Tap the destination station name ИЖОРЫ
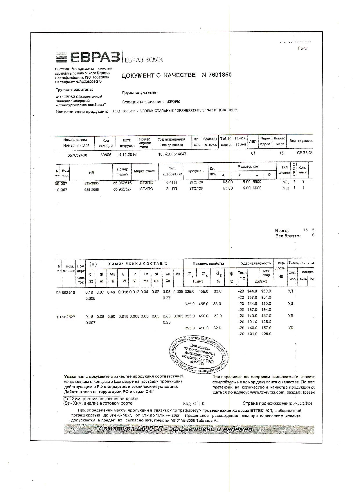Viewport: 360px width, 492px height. point(173,102)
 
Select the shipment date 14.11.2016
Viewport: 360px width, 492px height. point(127,155)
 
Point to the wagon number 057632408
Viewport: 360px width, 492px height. point(77,155)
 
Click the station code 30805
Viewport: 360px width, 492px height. point(106,155)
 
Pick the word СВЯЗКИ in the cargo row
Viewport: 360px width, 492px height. point(305,153)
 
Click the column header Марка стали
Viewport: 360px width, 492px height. point(145,171)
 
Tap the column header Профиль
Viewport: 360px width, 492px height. point(195,171)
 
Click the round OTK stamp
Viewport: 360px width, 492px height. point(199,355)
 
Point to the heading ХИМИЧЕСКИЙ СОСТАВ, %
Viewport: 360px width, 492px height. point(138,264)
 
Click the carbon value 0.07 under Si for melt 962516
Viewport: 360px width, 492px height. point(100,292)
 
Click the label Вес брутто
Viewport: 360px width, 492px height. point(288,236)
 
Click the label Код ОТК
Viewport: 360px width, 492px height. point(194,404)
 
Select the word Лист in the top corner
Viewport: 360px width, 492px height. point(303,49)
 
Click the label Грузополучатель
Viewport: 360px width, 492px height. point(140,93)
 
